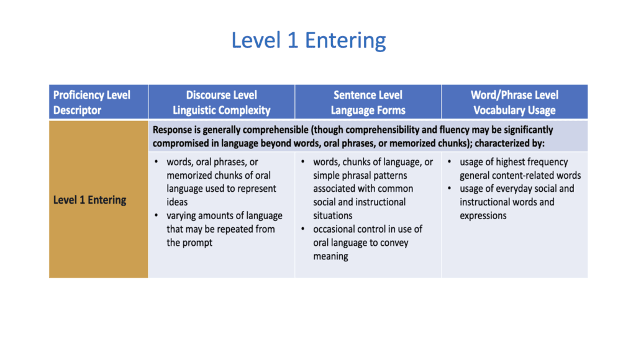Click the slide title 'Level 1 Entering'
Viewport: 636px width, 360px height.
click(309, 40)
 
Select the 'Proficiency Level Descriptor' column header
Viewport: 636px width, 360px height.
click(92, 102)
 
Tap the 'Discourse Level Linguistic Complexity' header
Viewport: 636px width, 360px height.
click(222, 102)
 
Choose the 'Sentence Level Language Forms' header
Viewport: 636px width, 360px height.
click(368, 102)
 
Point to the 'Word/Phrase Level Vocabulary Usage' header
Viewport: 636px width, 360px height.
click(514, 102)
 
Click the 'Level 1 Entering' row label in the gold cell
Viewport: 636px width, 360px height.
click(89, 200)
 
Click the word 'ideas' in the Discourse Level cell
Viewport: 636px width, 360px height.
click(177, 202)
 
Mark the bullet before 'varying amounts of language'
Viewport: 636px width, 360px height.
click(157, 215)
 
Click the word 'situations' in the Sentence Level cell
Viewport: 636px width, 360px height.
click(333, 215)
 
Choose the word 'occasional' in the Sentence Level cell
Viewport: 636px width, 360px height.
click(334, 229)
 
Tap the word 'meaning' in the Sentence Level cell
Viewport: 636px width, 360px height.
click(330, 256)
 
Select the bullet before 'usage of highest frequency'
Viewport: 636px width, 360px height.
click(450, 162)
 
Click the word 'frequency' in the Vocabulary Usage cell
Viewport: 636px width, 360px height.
click(549, 162)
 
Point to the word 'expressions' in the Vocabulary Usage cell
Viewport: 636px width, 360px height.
click(483, 216)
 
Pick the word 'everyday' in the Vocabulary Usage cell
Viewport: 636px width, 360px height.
click(515, 189)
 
